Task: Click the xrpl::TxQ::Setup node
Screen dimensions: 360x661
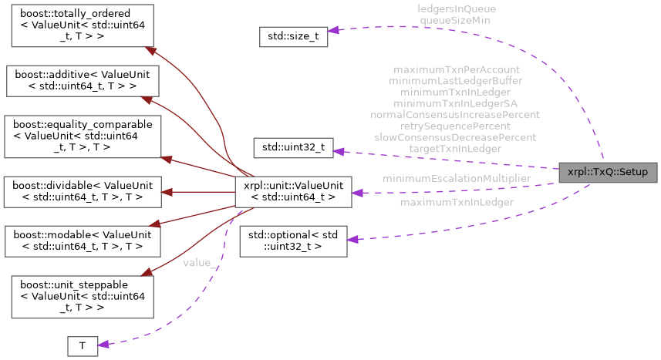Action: (x=608, y=172)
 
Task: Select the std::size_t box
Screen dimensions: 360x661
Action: (x=292, y=35)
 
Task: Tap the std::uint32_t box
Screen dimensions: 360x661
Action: (x=293, y=149)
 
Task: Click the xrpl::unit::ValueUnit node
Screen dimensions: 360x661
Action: (x=293, y=191)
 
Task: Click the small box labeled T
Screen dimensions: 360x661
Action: (x=83, y=346)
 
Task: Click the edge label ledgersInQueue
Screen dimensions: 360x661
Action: (x=456, y=9)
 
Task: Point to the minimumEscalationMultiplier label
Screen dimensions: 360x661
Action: (x=457, y=178)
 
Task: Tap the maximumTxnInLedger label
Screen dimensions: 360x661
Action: (x=457, y=203)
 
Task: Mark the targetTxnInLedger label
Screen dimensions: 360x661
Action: (x=455, y=148)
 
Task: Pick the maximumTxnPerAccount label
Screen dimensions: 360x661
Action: (x=455, y=69)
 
